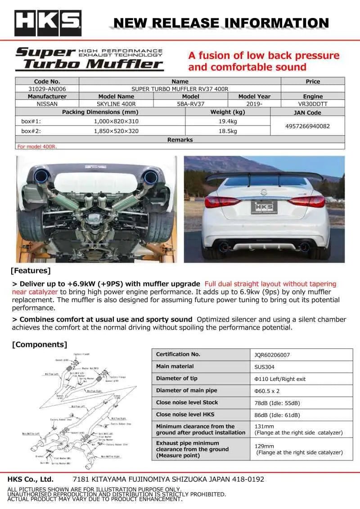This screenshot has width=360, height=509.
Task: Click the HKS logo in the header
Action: (48, 22)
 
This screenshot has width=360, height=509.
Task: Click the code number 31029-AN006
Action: (47, 89)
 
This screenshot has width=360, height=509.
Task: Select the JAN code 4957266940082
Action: (307, 126)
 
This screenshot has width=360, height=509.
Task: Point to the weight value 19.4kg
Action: (228, 121)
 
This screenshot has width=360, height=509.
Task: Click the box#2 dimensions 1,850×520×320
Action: (116, 131)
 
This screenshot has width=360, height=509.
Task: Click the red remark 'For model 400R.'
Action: (37, 147)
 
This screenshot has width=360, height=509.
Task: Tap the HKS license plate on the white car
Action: (264, 207)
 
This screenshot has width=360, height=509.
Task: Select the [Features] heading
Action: (30, 271)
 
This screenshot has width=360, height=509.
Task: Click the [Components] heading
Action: (39, 344)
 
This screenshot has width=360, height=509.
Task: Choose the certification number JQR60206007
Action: (272, 355)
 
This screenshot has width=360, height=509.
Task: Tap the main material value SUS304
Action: (264, 367)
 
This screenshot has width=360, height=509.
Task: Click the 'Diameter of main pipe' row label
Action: (186, 390)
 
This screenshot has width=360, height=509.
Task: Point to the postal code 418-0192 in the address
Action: (249, 479)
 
